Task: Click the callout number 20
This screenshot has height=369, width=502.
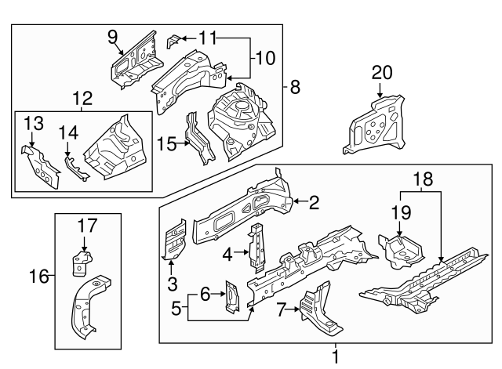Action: (381, 73)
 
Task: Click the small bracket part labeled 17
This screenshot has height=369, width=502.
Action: (80, 264)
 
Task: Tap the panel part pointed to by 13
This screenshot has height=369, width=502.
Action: (38, 166)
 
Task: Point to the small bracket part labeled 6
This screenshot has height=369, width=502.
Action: (232, 298)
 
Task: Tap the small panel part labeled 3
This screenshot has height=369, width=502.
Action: (174, 239)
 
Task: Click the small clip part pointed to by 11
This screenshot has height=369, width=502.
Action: (174, 41)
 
